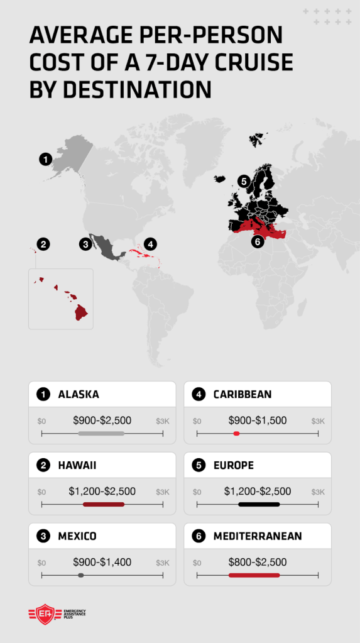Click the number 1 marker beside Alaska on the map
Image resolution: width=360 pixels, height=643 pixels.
tap(45, 159)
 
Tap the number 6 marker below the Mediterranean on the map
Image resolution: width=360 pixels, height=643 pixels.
tap(256, 241)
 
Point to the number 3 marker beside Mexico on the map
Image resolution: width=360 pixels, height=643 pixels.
tap(85, 244)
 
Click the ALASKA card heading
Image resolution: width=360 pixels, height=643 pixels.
tap(79, 395)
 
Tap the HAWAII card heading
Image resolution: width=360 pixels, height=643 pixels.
tap(77, 465)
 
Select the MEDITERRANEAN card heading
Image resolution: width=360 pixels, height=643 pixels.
tap(258, 536)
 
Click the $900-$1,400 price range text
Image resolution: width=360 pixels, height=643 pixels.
tap(102, 562)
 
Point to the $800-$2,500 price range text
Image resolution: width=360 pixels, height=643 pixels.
tap(258, 562)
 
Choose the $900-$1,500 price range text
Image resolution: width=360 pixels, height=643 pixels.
tap(258, 420)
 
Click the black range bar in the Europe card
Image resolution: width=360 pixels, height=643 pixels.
tap(259, 504)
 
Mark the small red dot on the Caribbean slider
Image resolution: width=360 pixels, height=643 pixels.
tap(236, 434)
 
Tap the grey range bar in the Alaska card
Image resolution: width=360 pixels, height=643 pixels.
tap(101, 434)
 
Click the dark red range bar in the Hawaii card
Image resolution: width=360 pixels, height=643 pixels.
tap(104, 504)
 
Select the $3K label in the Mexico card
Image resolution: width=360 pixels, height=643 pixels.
tap(163, 563)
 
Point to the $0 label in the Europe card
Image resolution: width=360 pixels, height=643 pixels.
tap(197, 492)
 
